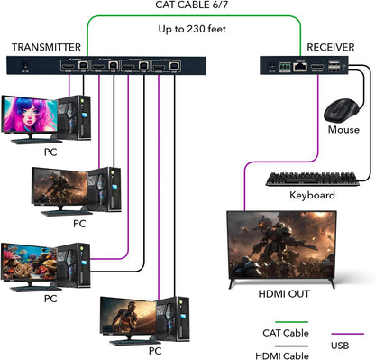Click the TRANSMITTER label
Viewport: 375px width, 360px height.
tap(46, 47)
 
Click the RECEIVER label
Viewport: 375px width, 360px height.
tap(330, 47)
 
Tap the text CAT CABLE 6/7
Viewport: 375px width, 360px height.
tap(187, 6)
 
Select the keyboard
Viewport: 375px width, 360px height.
tap(312, 178)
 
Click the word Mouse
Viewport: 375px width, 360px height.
tap(343, 129)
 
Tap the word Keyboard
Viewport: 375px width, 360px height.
tap(312, 195)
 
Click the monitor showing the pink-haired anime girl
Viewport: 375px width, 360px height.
tap(32, 115)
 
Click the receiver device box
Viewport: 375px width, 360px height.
tap(301, 65)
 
